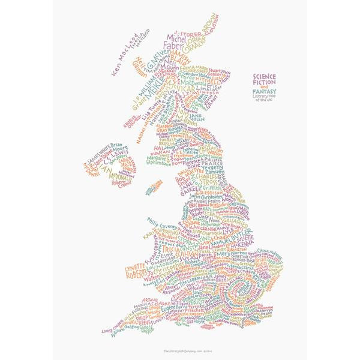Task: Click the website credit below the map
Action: pos(180,350)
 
